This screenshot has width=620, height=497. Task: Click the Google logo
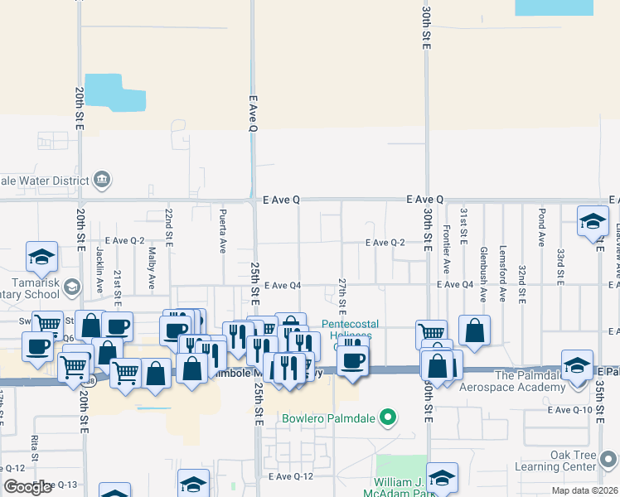point(27,487)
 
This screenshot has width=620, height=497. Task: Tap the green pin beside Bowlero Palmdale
point(386,417)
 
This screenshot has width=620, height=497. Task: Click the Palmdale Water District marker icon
point(103,179)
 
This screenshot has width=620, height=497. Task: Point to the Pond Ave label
point(541,228)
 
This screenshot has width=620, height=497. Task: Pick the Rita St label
point(35,448)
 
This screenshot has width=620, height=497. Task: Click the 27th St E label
point(341,292)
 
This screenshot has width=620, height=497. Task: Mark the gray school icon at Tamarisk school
point(72,287)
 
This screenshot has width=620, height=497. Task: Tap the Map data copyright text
point(585,490)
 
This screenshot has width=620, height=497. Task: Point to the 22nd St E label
point(168,224)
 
